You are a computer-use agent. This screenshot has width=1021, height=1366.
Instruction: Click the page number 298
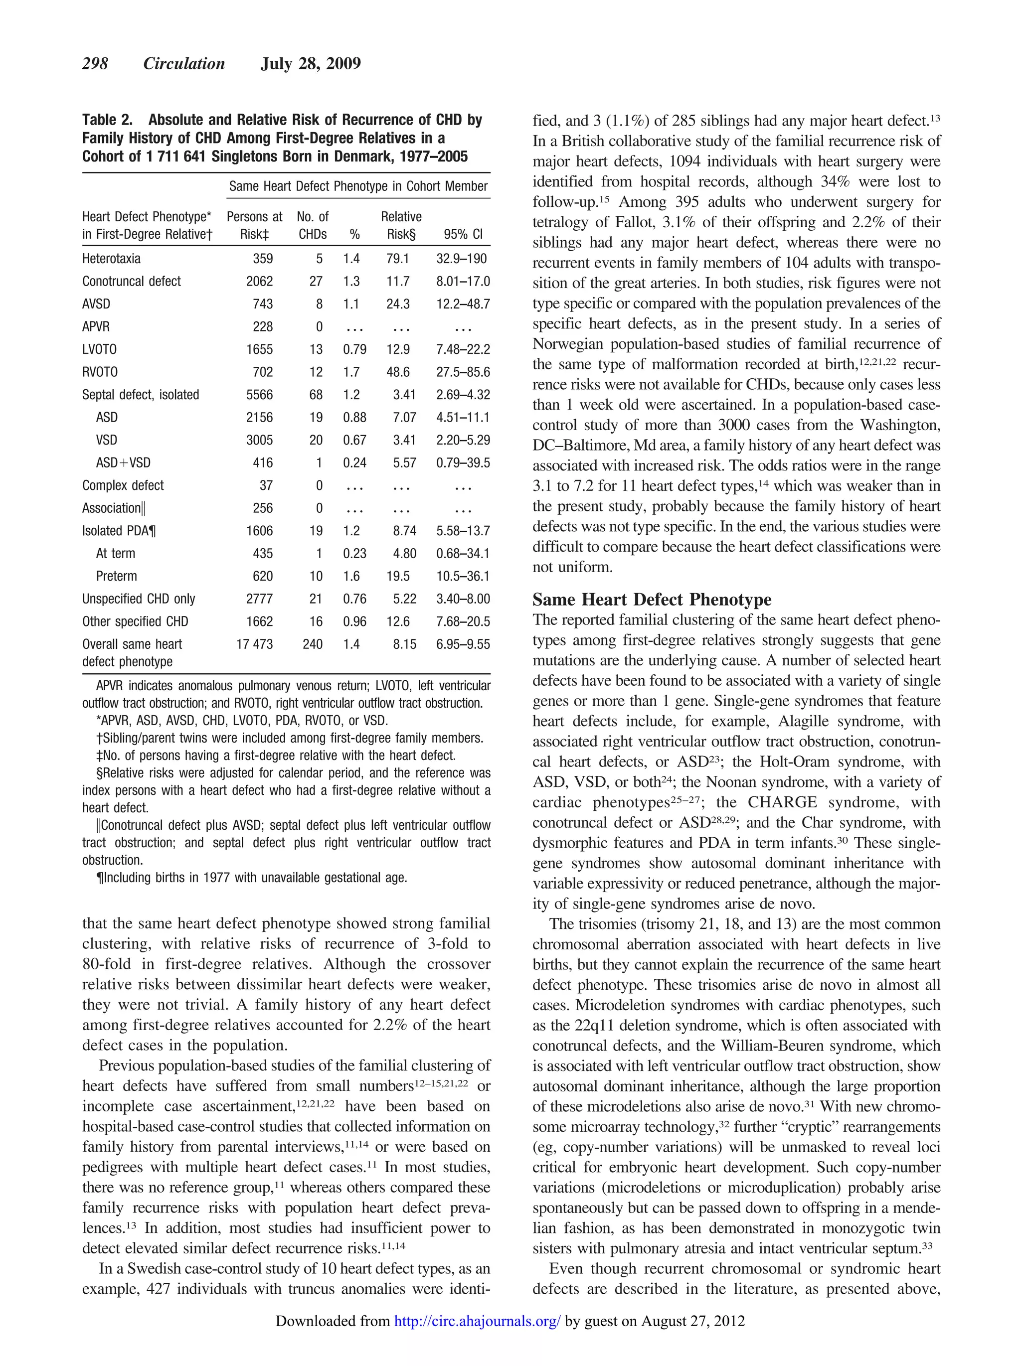[x=95, y=64]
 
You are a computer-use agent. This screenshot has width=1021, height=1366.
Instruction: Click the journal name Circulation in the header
[x=184, y=64]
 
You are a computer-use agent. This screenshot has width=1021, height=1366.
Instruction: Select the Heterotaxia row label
[x=111, y=259]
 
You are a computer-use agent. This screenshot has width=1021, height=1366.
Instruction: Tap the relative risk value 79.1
[x=398, y=259]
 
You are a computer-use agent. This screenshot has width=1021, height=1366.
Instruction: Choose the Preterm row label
[x=116, y=577]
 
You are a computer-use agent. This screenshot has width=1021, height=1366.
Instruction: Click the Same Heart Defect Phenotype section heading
[x=652, y=600]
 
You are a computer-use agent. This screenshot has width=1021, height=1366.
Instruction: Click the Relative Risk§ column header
[x=401, y=225]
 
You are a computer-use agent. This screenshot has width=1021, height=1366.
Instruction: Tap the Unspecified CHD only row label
[x=139, y=599]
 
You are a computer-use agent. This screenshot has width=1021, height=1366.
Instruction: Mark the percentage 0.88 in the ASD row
[x=354, y=418]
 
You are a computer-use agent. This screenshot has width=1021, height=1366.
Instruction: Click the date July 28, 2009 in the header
[x=311, y=64]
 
